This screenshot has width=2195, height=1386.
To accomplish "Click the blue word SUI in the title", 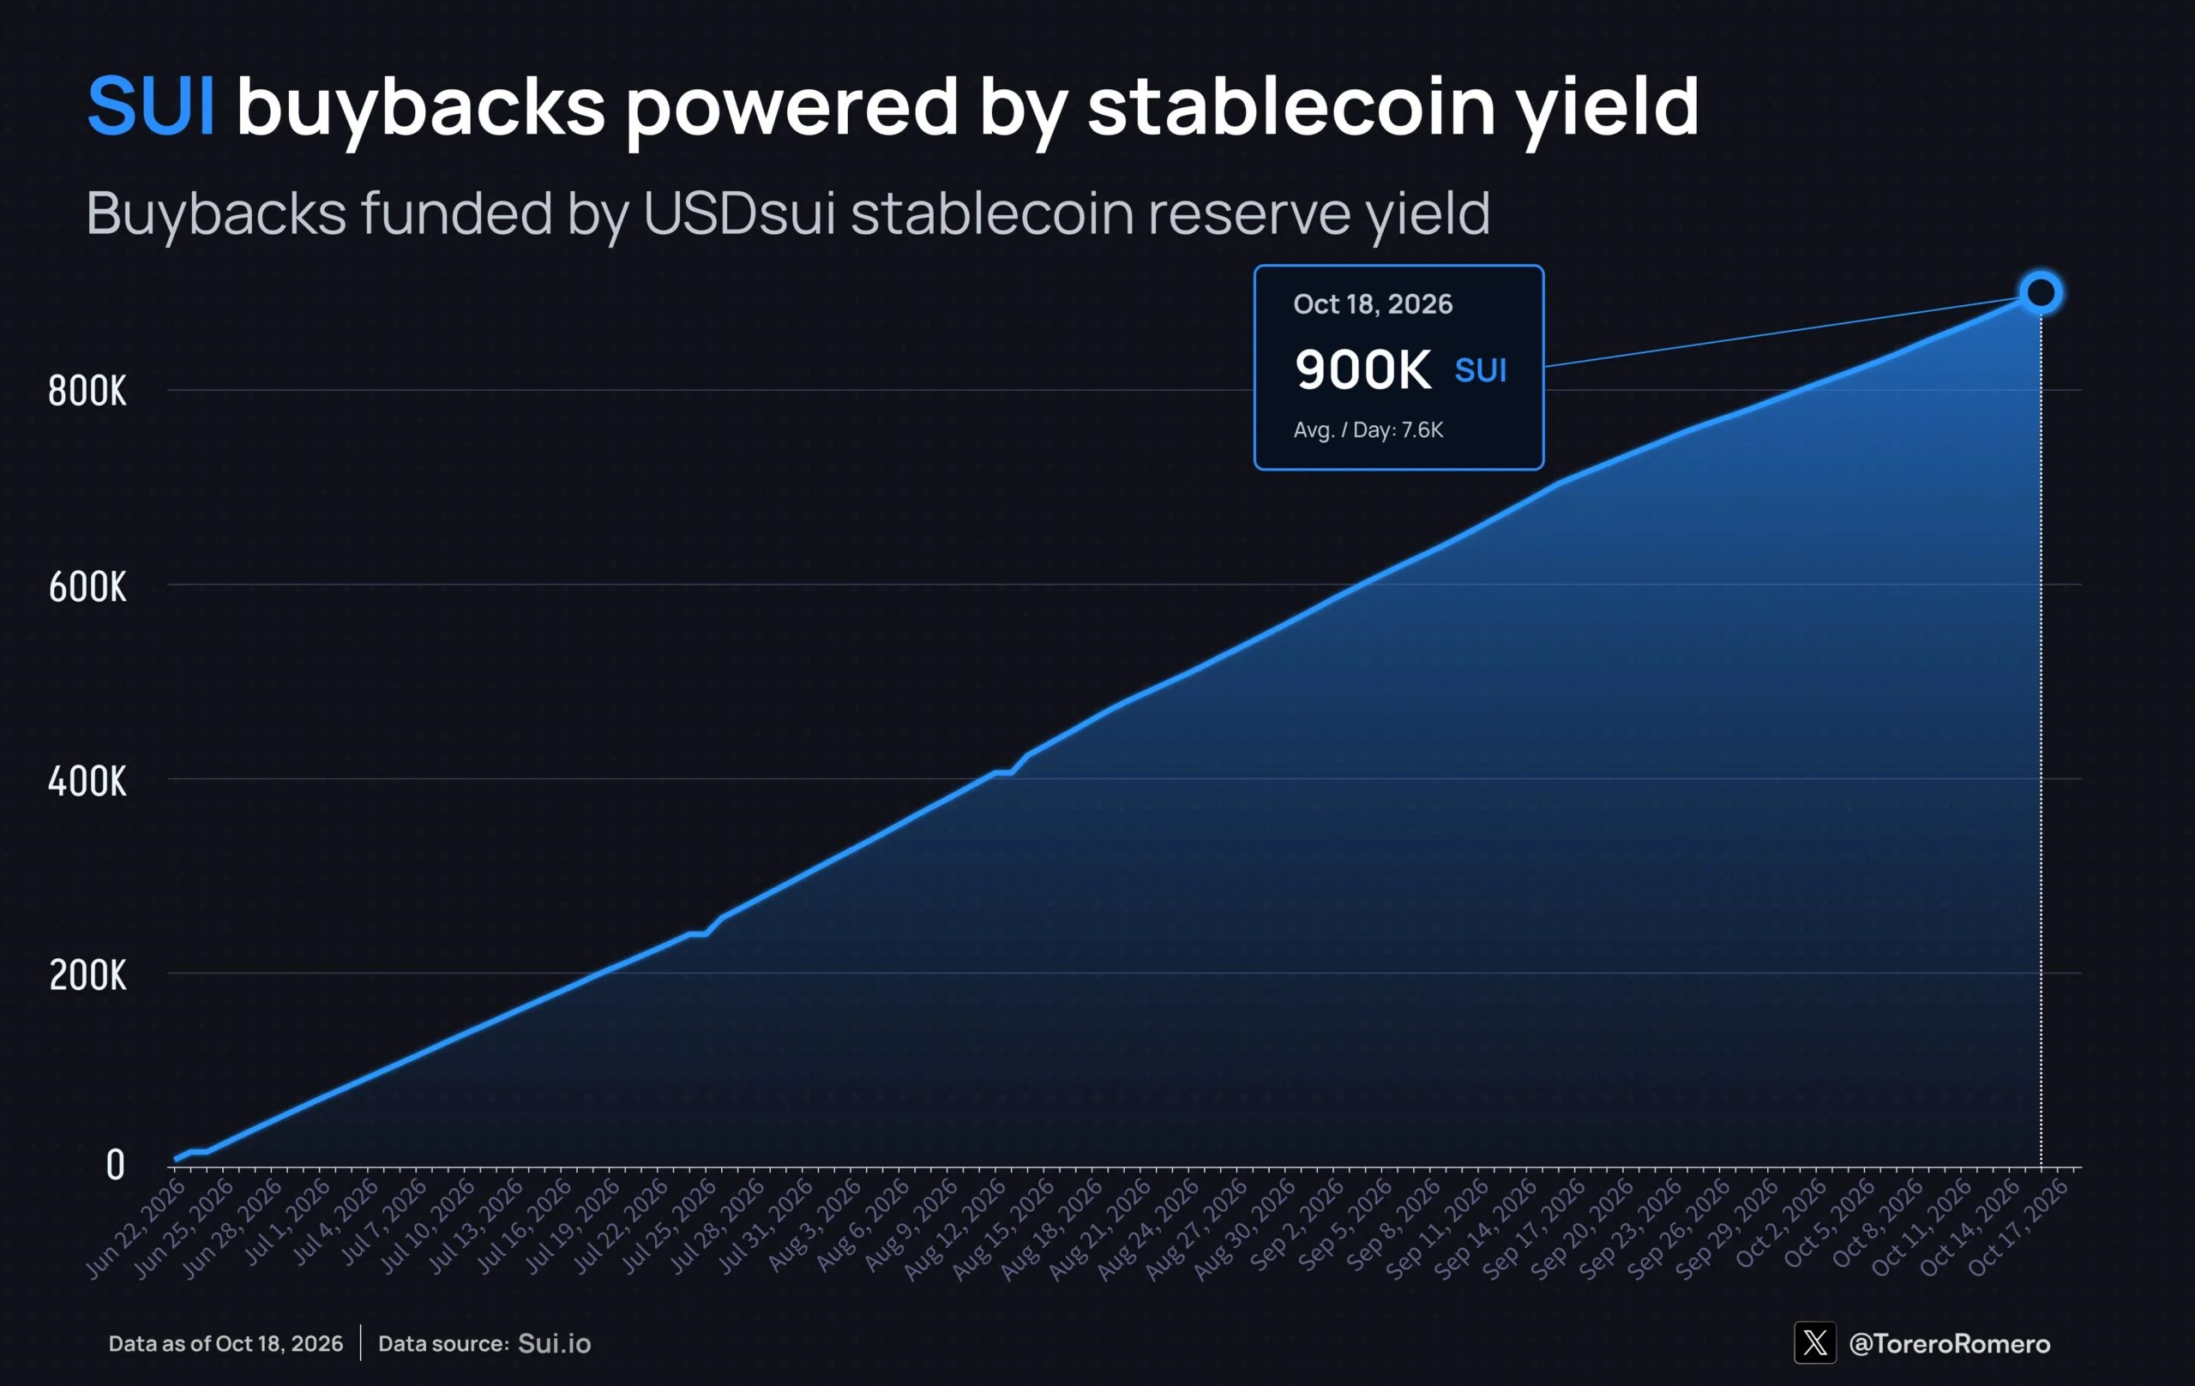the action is coord(151,105).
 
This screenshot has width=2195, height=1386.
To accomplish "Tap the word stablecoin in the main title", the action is coord(1290,105).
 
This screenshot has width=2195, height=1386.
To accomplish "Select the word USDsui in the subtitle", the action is coord(738,213).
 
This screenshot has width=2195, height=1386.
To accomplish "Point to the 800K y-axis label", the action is coord(87,391).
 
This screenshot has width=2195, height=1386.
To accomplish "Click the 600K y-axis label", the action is coord(87,586).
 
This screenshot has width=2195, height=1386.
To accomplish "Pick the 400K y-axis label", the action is coord(87,781).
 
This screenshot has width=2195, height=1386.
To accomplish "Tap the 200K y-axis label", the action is coord(87,975).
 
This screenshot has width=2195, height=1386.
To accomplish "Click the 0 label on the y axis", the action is coord(115,1165).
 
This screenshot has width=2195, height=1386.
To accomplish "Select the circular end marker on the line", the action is coord(2040,292).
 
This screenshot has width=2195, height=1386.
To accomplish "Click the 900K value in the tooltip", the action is coord(1362,369).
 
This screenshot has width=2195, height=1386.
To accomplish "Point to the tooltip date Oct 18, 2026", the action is coord(1373,304).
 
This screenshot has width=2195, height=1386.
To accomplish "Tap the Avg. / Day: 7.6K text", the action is coord(1368,430).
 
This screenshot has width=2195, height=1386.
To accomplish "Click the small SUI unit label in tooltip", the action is coord(1481,371).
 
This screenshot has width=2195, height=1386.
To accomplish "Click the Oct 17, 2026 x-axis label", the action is coord(2018,1227).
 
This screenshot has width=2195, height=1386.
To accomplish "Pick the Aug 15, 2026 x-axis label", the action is coord(1003,1227).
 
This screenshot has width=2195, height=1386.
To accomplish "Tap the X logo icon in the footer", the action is coord(1814,1342).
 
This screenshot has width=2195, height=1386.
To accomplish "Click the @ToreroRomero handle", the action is coord(1949,1343).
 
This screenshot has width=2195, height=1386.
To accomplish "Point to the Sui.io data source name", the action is coord(554,1343).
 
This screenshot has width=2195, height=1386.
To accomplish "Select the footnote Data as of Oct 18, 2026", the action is coord(226,1343).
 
